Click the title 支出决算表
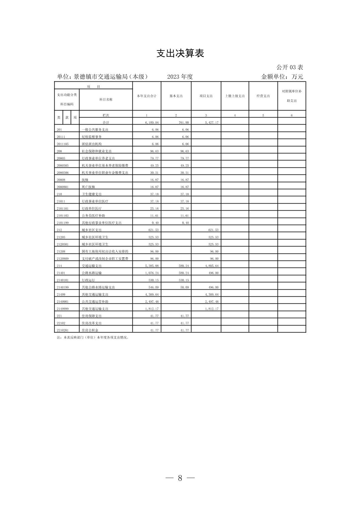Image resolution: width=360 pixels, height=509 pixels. [x=180, y=53]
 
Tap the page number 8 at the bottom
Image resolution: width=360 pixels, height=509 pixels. [x=180, y=478]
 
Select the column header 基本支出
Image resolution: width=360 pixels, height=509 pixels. [x=176, y=96]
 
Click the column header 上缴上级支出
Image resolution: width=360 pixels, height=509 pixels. [x=235, y=96]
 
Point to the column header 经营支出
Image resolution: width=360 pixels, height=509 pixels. [x=263, y=96]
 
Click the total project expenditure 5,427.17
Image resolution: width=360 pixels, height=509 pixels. [x=212, y=123]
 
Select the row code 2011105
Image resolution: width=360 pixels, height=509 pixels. [x=63, y=144]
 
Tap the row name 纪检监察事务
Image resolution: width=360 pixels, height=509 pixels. [x=92, y=137]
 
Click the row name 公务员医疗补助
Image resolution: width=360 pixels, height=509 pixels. [x=94, y=216]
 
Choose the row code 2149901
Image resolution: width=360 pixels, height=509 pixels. [x=63, y=302]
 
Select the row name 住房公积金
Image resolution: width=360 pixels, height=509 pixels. [x=90, y=331]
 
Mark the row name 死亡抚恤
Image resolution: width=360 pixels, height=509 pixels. [x=88, y=187]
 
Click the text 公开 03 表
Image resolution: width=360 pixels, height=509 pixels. [x=290, y=67]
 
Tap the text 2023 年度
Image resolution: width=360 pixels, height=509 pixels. [x=180, y=77]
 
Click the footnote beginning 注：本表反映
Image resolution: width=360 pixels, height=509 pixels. [x=93, y=338]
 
